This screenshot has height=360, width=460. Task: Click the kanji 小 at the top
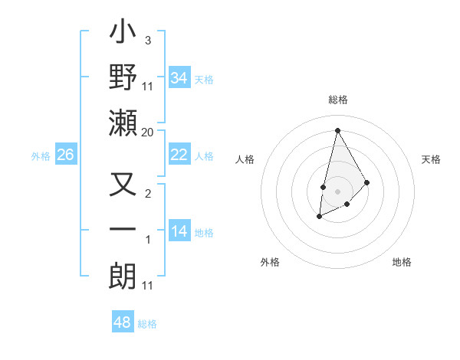pos(123,34)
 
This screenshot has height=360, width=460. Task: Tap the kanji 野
pos(123,77)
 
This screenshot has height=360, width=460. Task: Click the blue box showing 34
pos(179,78)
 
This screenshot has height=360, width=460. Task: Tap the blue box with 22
pos(179,155)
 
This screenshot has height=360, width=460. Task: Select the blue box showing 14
pos(179,231)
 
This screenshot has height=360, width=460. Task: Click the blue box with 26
pos(65,155)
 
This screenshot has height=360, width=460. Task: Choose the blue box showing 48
pos(122,322)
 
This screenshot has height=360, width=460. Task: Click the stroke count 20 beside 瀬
pos(148,132)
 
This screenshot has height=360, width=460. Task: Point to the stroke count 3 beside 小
pos(147,40)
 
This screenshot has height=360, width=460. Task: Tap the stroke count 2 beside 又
pos(147,193)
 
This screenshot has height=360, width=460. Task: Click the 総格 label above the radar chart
pos(337,100)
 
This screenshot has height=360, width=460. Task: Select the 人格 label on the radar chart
pos(245,159)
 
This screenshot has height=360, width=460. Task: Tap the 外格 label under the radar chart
pos(270,262)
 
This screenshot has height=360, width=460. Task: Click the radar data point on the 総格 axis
pos(337,129)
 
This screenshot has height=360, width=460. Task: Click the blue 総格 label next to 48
pos(147,324)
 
